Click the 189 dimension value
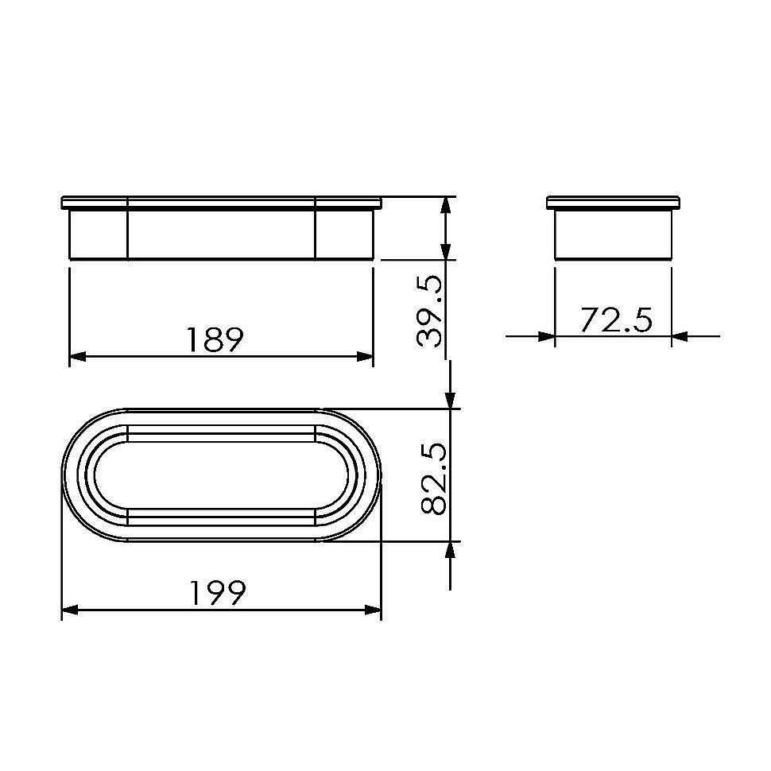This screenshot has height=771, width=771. pos(214,339)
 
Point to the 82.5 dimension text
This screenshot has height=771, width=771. pos(434,479)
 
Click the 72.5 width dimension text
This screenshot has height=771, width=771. pos(615,320)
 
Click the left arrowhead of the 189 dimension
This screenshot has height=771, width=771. pos(78,356)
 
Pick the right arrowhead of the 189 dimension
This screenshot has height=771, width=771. pos(365,356)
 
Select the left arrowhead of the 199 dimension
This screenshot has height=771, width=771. pos(70,610)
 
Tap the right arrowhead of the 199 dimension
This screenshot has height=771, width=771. pos(373,610)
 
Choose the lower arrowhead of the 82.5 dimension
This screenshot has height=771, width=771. pos(451,551)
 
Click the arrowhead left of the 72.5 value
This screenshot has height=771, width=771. pos(546,337)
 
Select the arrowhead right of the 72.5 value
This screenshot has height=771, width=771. pos(680,337)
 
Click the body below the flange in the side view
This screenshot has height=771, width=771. pos(614,234)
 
